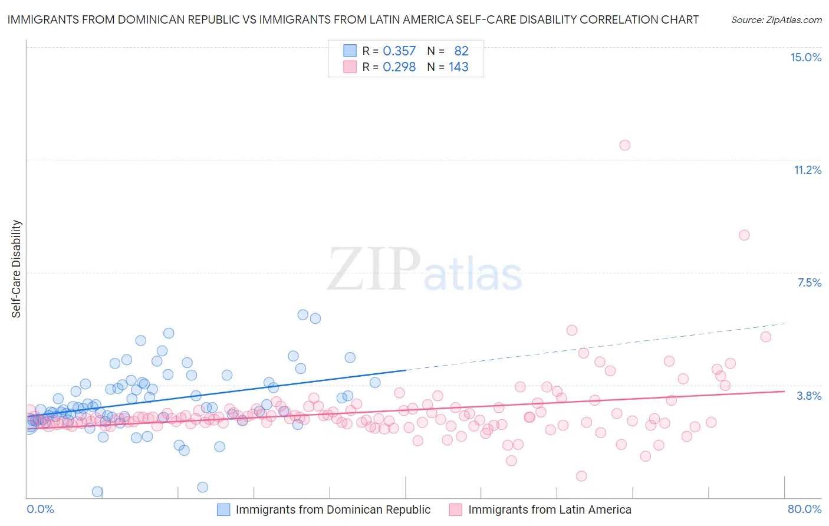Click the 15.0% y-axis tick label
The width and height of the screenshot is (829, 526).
coord(805,57)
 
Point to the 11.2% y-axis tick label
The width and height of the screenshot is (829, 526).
coord(807,170)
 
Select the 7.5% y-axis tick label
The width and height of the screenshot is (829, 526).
coord(809,282)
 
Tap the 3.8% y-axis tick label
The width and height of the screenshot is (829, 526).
coord(809,396)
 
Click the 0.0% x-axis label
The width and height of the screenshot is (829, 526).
coord(40,509)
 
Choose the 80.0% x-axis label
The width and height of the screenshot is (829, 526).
coord(804,509)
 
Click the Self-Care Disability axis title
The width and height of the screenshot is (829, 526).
coord(17,269)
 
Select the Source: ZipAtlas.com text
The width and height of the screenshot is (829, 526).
coord(777,20)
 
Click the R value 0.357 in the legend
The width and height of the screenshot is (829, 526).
coord(399,51)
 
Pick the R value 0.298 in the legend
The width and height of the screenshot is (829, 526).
coord(399,67)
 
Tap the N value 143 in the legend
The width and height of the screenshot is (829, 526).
coord(458,67)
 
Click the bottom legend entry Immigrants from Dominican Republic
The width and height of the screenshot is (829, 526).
coord(333,509)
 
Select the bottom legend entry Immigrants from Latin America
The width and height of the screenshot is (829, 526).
coord(549,509)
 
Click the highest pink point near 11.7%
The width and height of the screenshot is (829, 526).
coord(625,145)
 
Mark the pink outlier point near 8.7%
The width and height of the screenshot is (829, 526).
coord(744,235)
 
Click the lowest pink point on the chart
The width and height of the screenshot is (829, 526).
coord(581,476)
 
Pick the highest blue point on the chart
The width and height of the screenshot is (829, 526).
coord(302,315)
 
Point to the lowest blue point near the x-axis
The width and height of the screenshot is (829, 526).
coord(97,491)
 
